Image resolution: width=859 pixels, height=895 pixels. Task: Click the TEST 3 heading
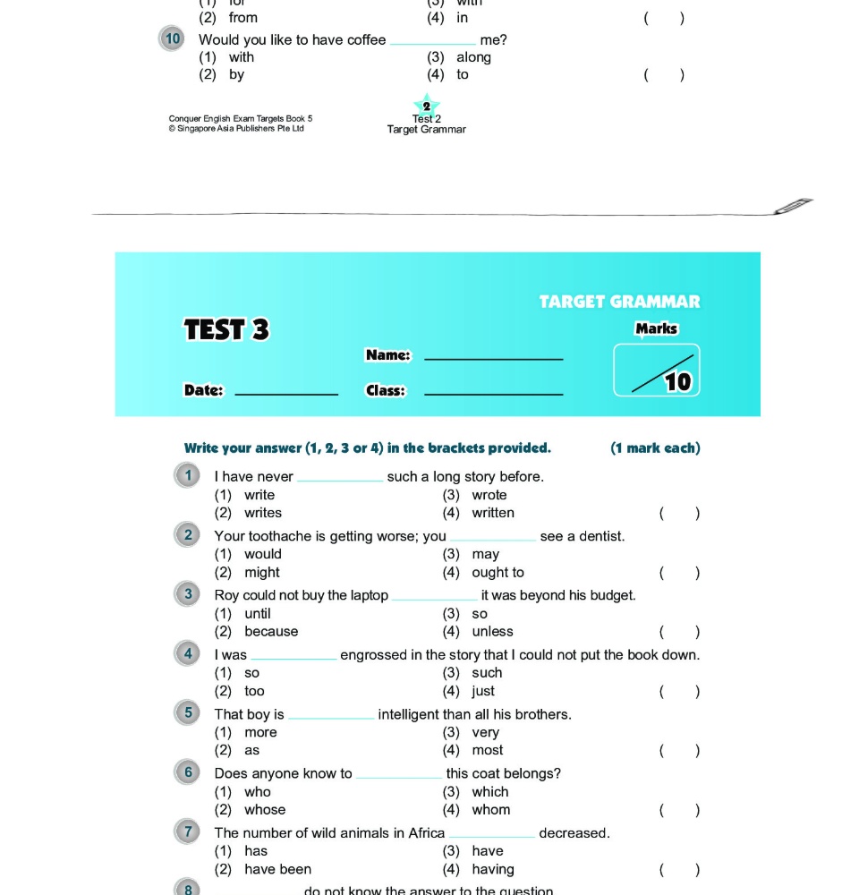coord(226,330)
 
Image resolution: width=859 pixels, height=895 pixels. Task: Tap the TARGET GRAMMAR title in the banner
coord(619,302)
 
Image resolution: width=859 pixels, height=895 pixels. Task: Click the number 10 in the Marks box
coord(678,382)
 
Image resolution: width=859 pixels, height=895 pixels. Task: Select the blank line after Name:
coord(493,358)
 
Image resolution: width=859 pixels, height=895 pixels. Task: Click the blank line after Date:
coord(285,393)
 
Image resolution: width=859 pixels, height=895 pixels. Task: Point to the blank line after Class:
coord(493,393)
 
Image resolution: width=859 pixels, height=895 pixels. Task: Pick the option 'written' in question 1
coord(493,513)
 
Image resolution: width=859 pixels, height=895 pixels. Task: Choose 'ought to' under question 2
coord(498,573)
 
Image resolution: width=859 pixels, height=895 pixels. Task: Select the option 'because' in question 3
coord(271,632)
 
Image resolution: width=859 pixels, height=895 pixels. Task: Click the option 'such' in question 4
coord(487,673)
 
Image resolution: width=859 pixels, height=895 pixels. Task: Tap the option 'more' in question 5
coord(260,732)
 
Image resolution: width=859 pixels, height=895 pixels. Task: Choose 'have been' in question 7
coord(277,869)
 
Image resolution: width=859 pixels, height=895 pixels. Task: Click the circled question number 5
coord(188,713)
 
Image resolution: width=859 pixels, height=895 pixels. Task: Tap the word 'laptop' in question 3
coord(367,595)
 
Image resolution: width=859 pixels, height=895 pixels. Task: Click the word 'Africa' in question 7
coord(426,833)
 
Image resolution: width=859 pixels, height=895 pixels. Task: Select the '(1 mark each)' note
coord(655,448)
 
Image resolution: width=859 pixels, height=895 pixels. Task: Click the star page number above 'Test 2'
coord(427,106)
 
